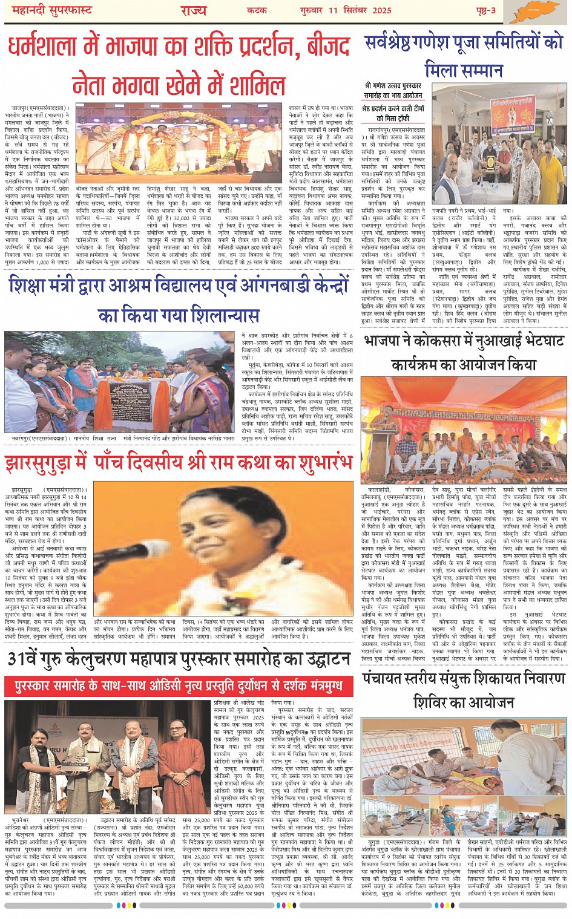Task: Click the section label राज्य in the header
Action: [193, 11]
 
